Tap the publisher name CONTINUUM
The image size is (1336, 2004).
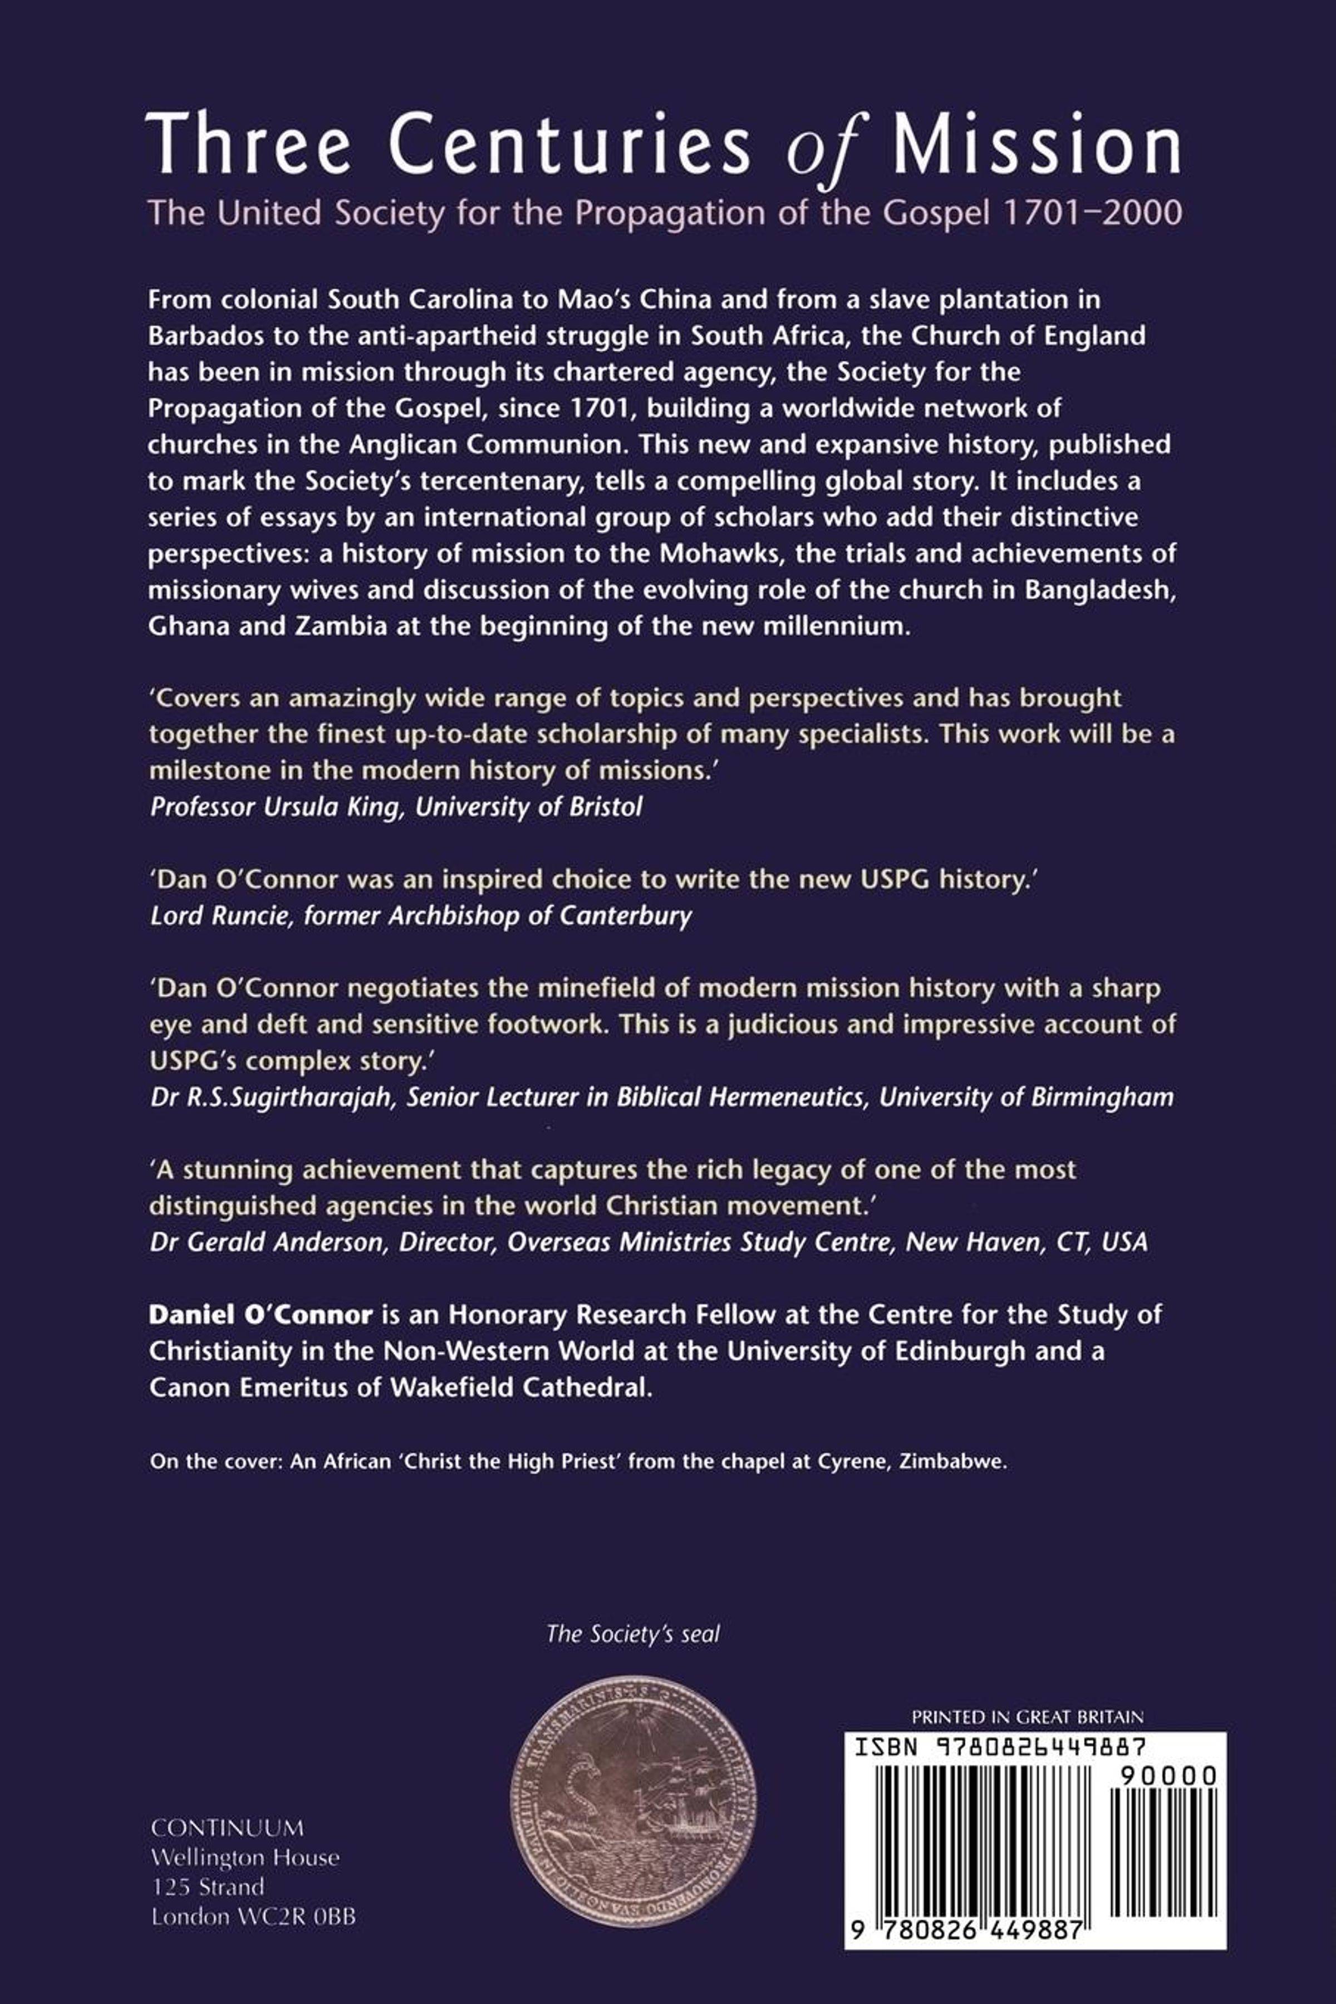tap(227, 1827)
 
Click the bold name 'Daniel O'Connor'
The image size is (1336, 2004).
tap(261, 1315)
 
